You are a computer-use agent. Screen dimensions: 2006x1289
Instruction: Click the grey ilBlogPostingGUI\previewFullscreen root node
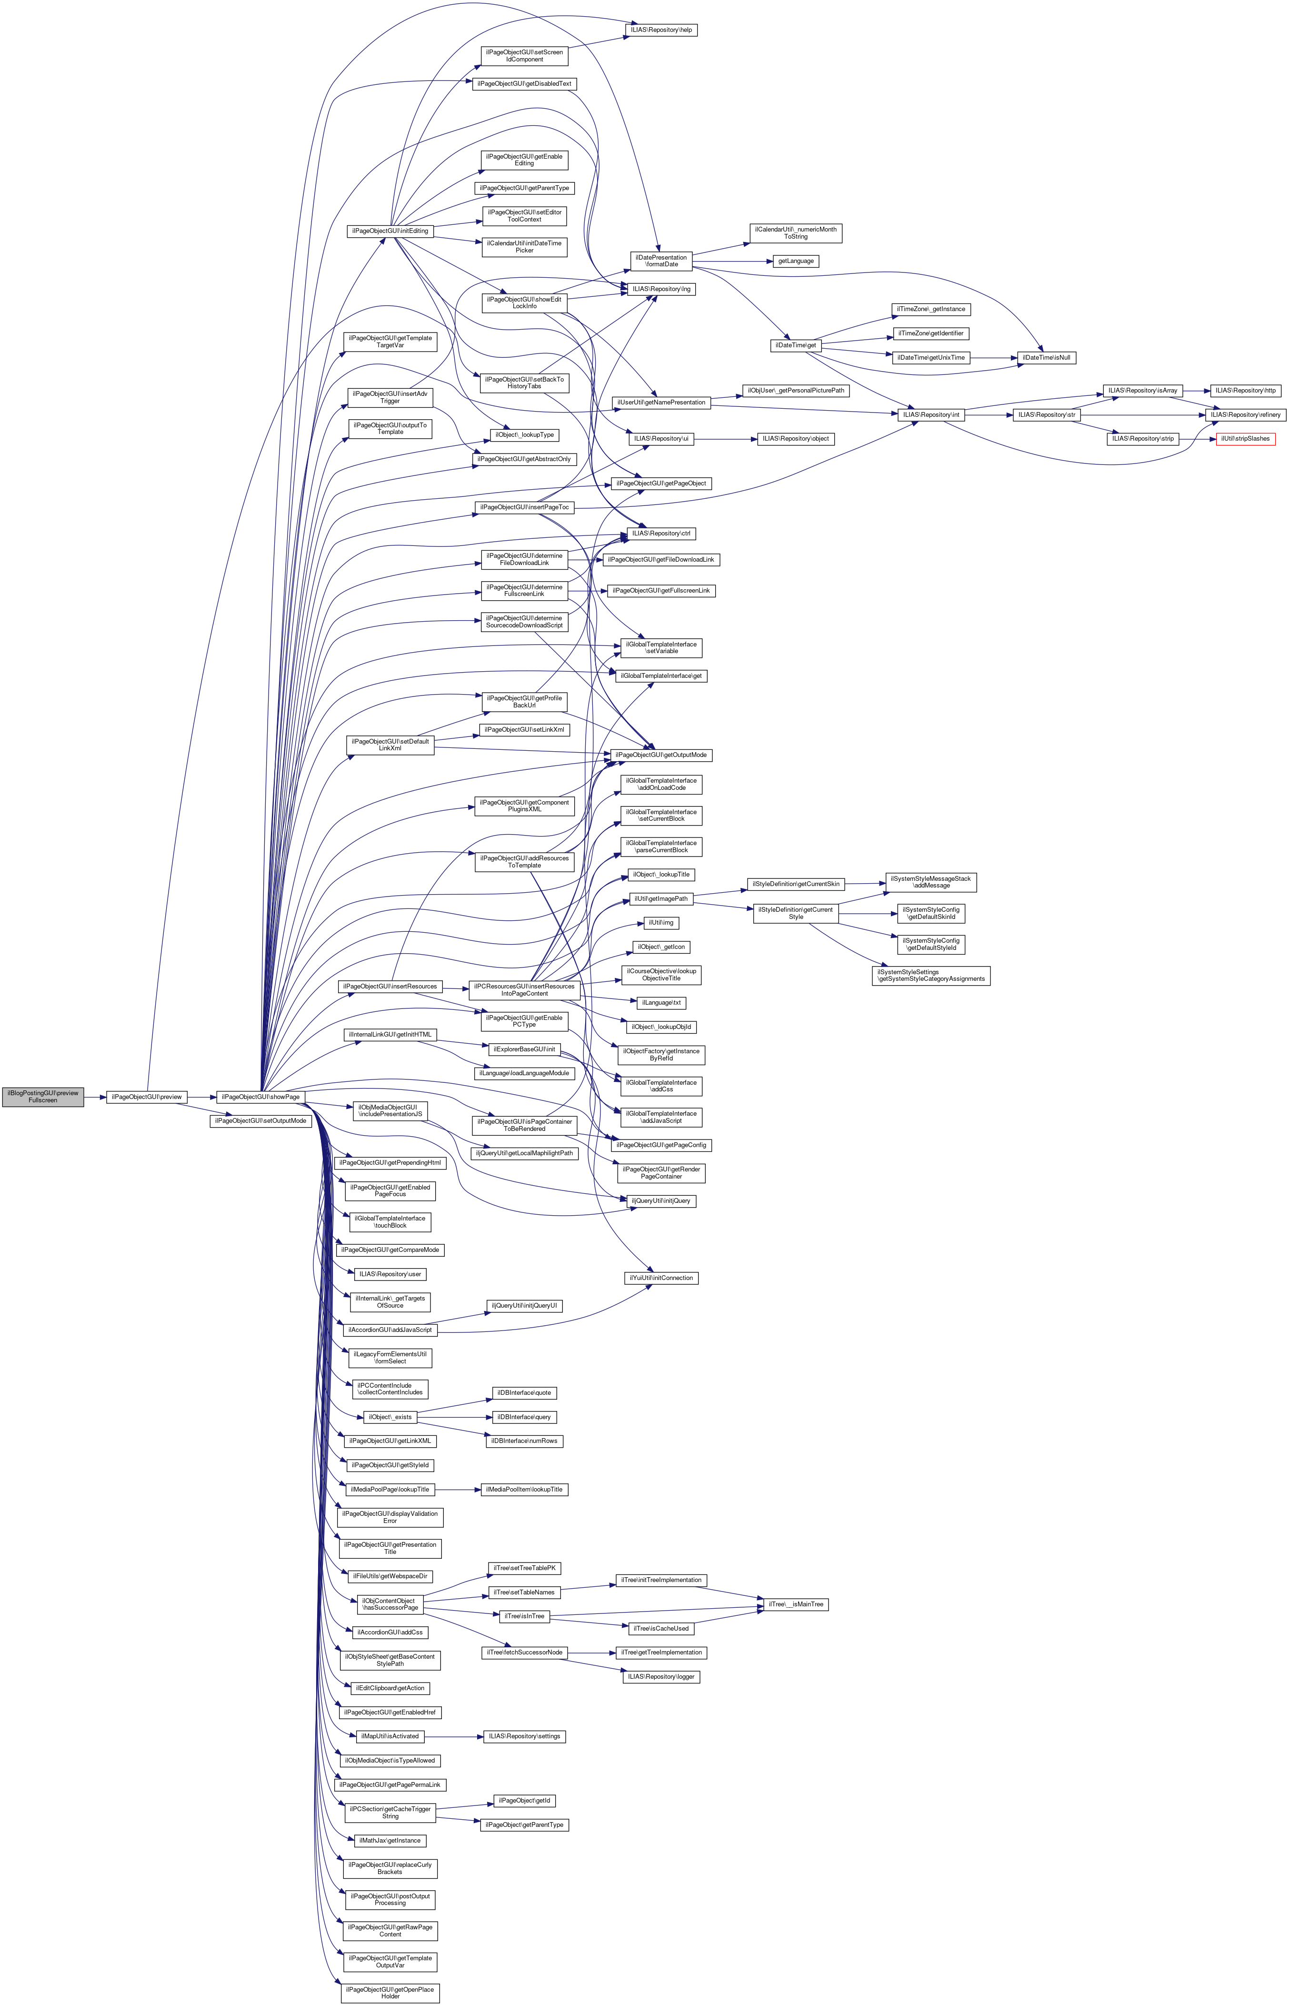point(43,1097)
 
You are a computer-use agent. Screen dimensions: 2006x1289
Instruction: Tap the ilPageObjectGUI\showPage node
point(260,1097)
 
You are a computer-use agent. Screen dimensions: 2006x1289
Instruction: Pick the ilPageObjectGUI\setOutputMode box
point(260,1121)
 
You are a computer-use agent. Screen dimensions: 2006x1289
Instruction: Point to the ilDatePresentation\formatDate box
point(659,261)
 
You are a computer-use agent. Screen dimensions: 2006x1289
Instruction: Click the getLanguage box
point(796,261)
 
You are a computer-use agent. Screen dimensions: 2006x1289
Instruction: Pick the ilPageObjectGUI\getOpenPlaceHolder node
point(390,1993)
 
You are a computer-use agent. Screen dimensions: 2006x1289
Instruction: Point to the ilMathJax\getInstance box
point(390,1841)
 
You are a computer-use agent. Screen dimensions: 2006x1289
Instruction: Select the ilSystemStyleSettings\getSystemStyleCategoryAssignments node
point(931,976)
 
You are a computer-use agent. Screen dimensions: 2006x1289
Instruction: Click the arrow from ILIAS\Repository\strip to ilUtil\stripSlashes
point(1197,439)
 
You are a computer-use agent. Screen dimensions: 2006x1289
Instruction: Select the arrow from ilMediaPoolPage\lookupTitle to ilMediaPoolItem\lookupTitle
point(457,1490)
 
